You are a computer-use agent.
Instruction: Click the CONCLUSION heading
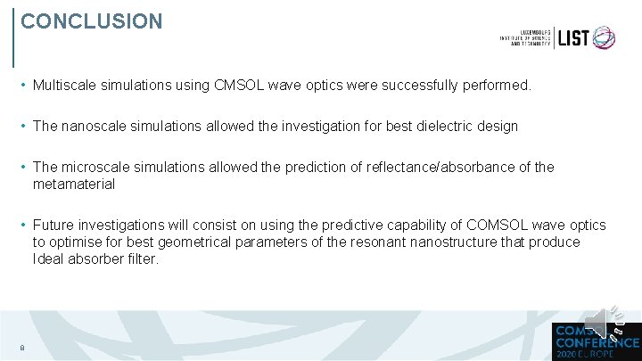coord(92,21)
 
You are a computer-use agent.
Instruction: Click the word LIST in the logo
coord(573,37)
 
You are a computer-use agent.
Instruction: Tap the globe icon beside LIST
coord(604,37)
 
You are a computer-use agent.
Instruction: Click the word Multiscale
coord(66,86)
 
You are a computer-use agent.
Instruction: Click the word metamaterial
coord(74,184)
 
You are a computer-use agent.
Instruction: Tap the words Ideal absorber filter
coord(95,259)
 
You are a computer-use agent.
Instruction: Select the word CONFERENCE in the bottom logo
coord(597,341)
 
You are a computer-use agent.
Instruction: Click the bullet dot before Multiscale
coord(22,86)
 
